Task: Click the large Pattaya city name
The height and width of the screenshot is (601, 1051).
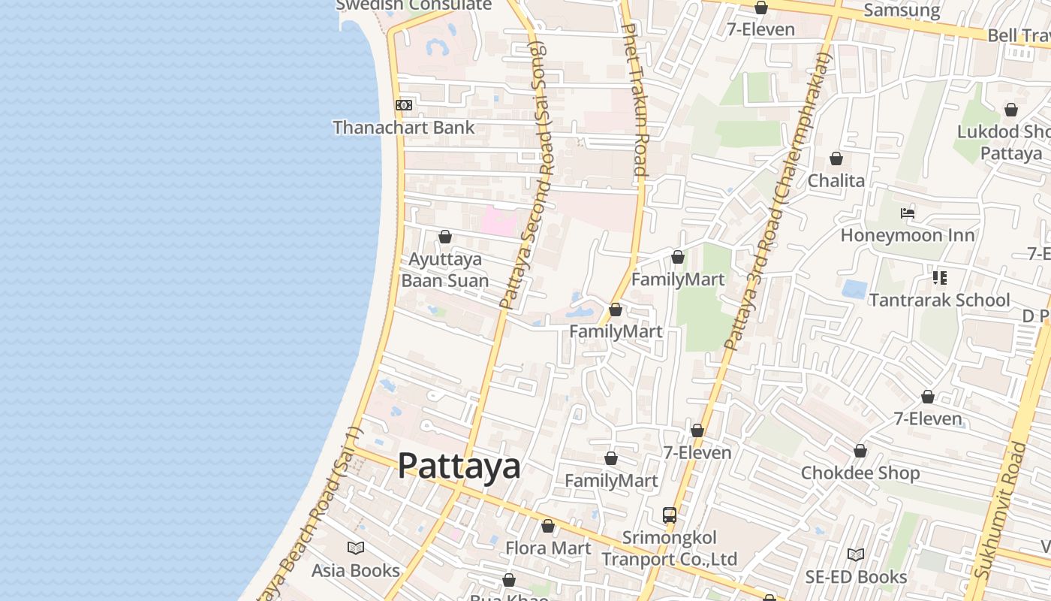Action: click(459, 466)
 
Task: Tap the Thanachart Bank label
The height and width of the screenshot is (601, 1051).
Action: click(404, 128)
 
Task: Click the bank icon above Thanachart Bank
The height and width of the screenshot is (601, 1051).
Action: click(404, 105)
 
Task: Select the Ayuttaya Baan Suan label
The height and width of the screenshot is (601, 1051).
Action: click(445, 270)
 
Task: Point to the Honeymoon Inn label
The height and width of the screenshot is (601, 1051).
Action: click(908, 235)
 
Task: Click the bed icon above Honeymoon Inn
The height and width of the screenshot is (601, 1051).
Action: click(908, 213)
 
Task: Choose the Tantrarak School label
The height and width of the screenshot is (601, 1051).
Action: click(939, 300)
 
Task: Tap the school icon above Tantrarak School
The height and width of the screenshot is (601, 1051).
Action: click(939, 278)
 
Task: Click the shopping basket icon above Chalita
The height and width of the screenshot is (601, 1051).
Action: click(836, 159)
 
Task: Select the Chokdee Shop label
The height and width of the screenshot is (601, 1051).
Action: click(860, 473)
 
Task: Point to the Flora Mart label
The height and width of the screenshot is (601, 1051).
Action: click(548, 548)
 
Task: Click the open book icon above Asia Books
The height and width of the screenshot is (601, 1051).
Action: click(356, 548)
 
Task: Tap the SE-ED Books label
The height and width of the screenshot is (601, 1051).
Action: click(856, 577)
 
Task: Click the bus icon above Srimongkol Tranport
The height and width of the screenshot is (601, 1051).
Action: click(670, 515)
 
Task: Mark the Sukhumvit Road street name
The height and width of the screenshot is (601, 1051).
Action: click(998, 511)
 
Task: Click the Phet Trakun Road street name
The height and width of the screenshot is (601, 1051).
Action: click(634, 99)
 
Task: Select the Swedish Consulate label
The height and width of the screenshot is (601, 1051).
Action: click(414, 6)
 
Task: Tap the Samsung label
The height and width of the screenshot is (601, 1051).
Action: click(902, 10)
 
